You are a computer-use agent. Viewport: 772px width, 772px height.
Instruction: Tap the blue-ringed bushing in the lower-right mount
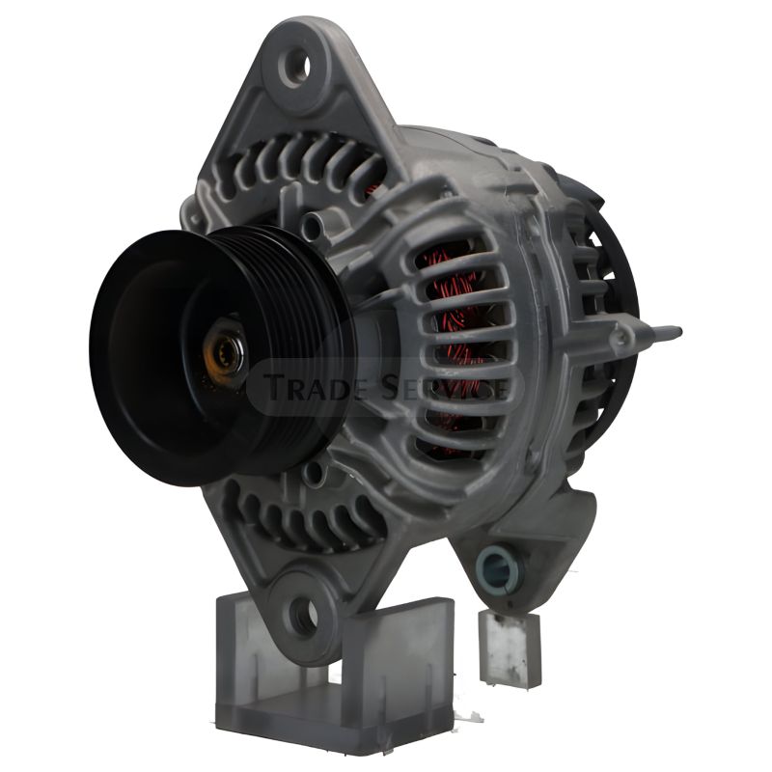(497, 568)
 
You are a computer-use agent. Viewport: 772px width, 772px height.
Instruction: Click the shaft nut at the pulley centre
(225, 351)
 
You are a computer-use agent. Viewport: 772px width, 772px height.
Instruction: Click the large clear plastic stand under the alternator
(335, 679)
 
